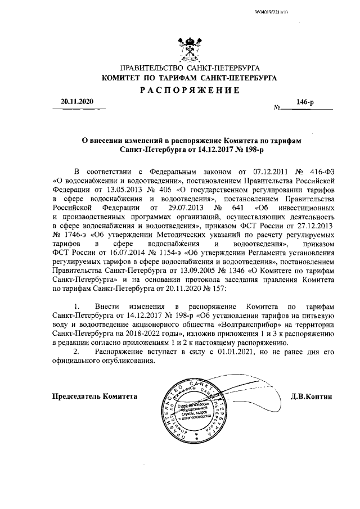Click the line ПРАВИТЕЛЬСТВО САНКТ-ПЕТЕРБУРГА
pos(188,69)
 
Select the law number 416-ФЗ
pos(322,170)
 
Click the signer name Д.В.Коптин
pos(313,397)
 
